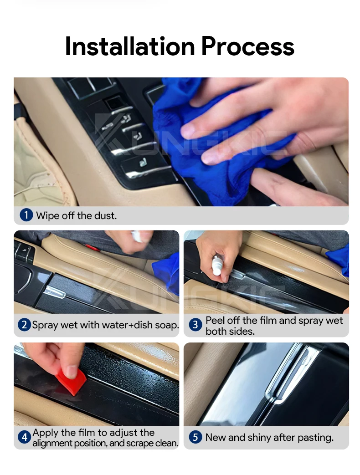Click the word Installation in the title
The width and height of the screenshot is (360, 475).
coord(130,46)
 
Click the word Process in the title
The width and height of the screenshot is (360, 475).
coord(247,46)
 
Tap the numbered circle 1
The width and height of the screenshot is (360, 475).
coord(26,215)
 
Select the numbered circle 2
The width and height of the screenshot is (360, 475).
coord(24,325)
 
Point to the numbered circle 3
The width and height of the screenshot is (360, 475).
coord(195,325)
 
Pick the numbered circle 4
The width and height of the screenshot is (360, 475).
coord(24,437)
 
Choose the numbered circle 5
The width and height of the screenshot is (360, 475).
coord(195,437)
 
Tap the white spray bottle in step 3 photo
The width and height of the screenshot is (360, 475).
coord(217,266)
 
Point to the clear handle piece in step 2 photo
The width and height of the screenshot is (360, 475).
coord(55,291)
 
